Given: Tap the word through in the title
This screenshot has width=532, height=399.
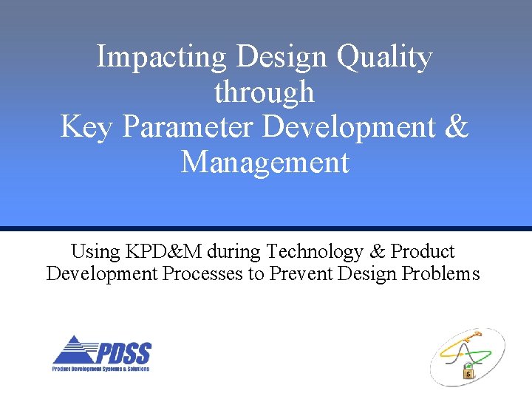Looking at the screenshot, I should pos(265,92).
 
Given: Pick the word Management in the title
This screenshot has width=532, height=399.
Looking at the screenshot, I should pos(265,161).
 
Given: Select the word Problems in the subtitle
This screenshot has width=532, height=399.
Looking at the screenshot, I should pos(441,274).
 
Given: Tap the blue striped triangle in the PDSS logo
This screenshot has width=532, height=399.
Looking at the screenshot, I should pos(71,350).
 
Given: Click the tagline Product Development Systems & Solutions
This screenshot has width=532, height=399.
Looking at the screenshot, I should pos(100,369).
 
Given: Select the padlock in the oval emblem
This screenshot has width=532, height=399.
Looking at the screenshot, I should pos(469,372).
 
